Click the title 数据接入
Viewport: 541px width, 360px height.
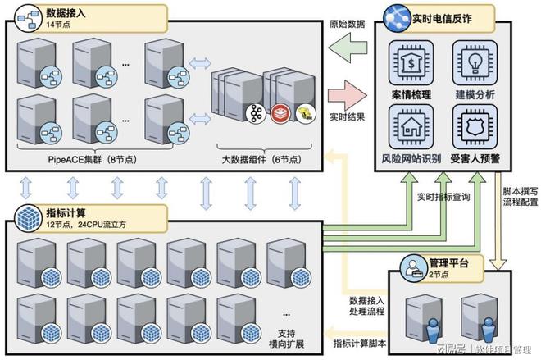(66, 13)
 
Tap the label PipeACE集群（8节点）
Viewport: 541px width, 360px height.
(93, 159)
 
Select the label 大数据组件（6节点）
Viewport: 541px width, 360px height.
(261, 159)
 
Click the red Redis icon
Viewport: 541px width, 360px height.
(280, 113)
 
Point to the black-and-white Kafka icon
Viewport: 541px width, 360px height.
(256, 113)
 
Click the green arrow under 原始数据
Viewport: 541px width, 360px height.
(348, 48)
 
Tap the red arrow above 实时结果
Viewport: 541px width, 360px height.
(348, 96)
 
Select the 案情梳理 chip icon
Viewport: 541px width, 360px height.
(411, 63)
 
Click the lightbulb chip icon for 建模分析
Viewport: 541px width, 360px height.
(475, 63)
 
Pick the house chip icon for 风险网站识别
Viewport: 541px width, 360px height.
(411, 126)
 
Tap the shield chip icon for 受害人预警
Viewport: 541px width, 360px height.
(475, 126)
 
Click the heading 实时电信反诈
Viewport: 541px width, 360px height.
(442, 19)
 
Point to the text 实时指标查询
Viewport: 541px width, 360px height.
(443, 197)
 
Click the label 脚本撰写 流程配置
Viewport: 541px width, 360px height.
(520, 196)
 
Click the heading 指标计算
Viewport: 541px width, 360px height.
(66, 213)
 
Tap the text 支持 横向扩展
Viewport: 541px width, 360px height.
(286, 339)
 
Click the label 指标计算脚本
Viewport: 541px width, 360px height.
(360, 344)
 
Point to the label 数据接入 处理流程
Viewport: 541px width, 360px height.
(366, 306)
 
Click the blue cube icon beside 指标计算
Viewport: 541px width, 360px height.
(29, 218)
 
